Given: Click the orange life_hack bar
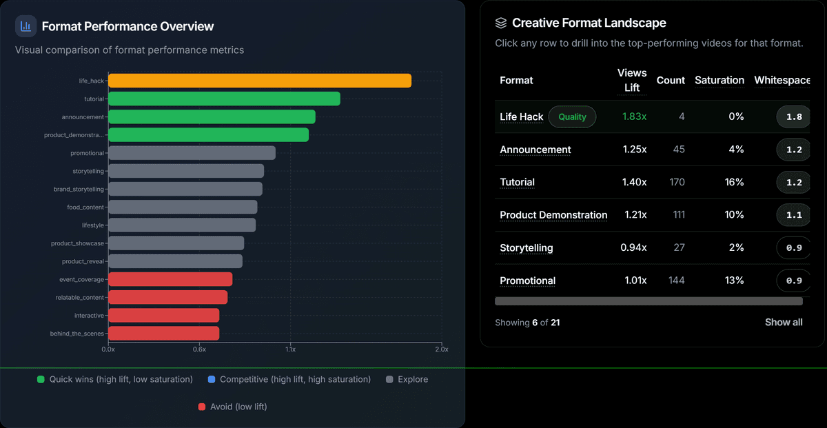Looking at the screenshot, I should click(x=260, y=81).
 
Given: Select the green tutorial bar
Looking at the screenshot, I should click(x=224, y=99).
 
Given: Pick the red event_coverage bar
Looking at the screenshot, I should click(x=170, y=279).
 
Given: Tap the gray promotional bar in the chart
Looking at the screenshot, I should click(x=192, y=153).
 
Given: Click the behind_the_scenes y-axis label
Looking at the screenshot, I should click(x=77, y=334).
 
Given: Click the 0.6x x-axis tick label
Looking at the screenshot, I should click(x=199, y=349).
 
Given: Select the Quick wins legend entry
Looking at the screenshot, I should click(x=114, y=379).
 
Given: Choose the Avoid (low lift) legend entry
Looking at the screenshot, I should click(x=232, y=407).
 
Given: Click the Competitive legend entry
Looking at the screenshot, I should click(x=289, y=379).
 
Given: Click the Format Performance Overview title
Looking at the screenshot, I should click(x=127, y=27).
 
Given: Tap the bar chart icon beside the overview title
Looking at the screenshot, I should click(x=26, y=26).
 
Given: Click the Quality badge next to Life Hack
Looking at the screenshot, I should click(x=572, y=117).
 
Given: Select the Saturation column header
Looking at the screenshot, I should click(x=719, y=81).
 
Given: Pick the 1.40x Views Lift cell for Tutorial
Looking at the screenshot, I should click(x=634, y=183).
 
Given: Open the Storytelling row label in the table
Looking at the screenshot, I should click(x=527, y=248).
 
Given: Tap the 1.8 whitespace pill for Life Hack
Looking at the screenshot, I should click(x=794, y=117).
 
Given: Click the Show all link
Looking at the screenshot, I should click(x=784, y=323).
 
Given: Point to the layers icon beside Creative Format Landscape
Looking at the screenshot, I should click(x=501, y=23).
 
